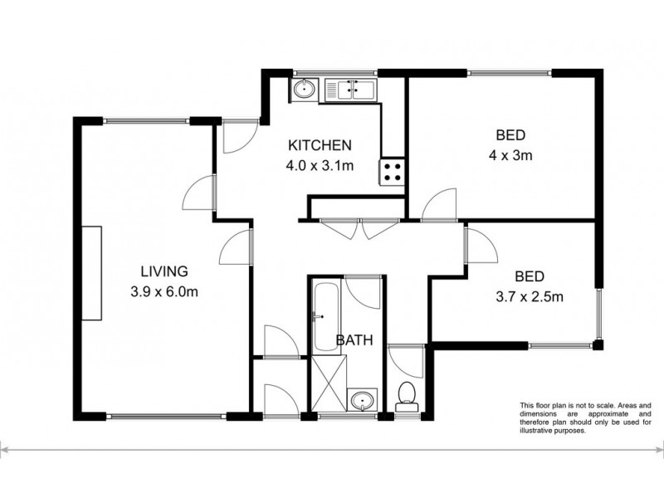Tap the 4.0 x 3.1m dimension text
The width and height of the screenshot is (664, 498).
pyautogui.click(x=320, y=165)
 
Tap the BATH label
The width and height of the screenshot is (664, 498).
pyautogui.click(x=354, y=339)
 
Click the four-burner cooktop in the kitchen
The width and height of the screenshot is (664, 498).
pyautogui.click(x=392, y=172)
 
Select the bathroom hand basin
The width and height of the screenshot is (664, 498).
pyautogui.click(x=363, y=402)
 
